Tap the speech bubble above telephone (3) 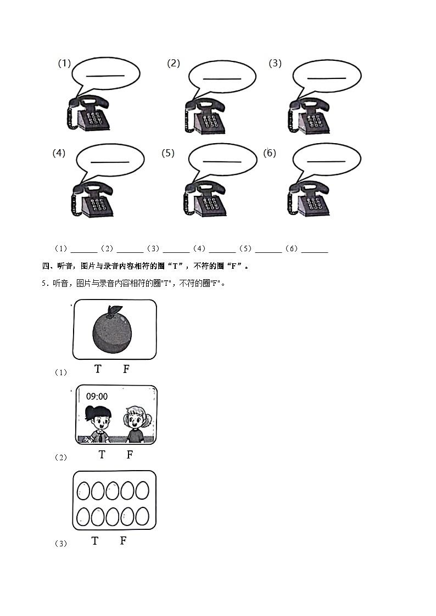(326, 78)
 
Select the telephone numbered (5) (205, 201)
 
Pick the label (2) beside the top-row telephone (174, 63)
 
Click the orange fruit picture (112, 331)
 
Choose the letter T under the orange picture (98, 369)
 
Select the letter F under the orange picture (126, 369)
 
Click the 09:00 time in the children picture (97, 397)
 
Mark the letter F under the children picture (130, 454)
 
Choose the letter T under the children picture (102, 454)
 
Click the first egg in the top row (84, 490)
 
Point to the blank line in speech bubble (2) (222, 78)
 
